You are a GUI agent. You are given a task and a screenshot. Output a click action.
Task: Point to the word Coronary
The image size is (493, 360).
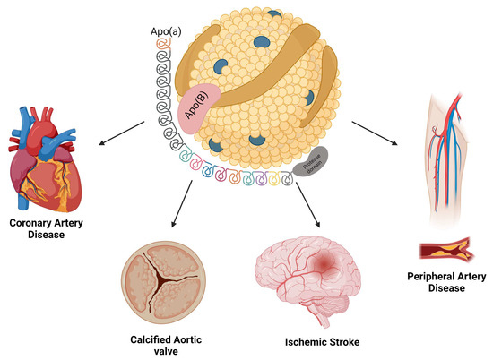pyautogui.click(x=36, y=224)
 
